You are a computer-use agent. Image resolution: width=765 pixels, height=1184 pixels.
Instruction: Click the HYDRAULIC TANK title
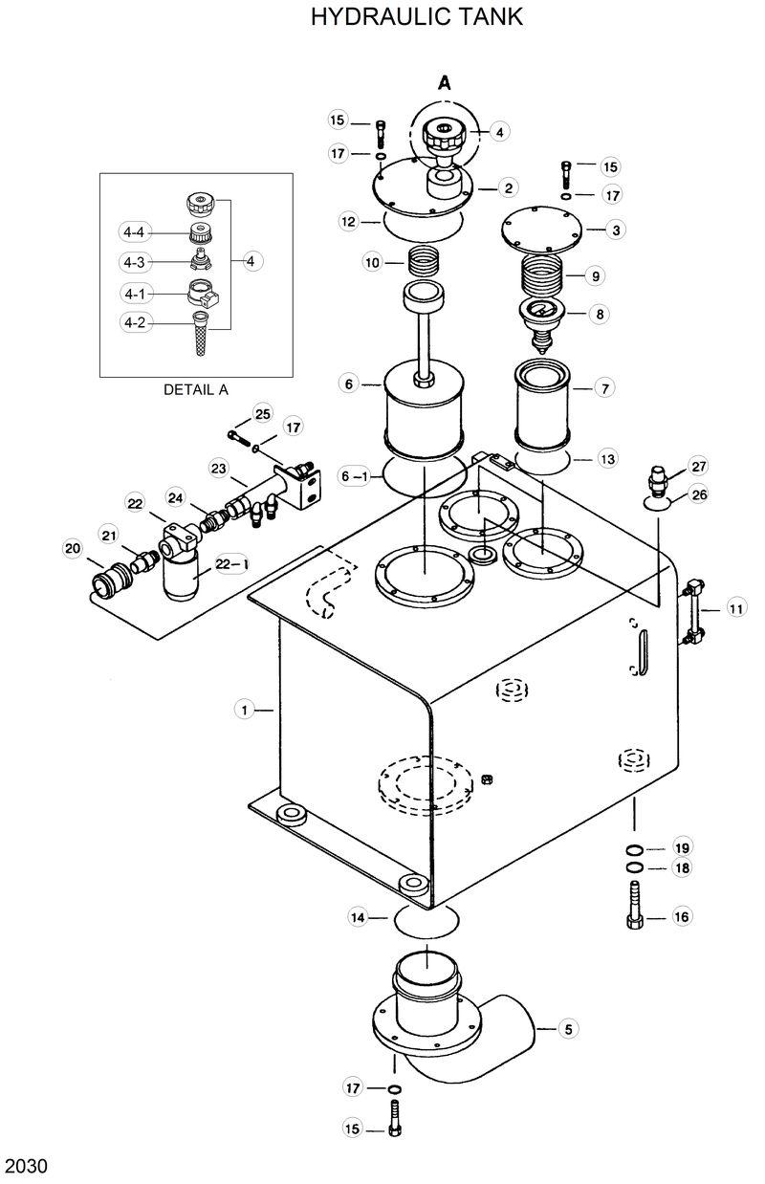point(417,18)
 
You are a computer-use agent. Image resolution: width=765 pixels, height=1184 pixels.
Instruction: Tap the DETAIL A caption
point(196,389)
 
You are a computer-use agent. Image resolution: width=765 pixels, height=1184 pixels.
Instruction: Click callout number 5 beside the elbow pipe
point(568,1029)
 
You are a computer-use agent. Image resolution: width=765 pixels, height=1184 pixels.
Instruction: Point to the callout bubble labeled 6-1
point(354,475)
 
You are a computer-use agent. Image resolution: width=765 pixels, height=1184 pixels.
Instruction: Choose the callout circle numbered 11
point(735,608)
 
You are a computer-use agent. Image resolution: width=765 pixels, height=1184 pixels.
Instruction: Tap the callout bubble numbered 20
point(73,548)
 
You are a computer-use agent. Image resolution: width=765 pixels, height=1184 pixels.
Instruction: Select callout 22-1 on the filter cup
point(228,564)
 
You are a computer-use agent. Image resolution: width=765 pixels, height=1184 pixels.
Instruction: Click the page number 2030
point(27,1166)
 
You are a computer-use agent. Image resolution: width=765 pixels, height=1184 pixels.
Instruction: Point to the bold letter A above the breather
point(445,83)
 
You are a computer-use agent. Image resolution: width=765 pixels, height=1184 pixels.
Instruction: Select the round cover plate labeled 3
point(541,229)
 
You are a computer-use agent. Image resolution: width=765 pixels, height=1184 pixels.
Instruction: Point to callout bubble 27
point(699,466)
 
